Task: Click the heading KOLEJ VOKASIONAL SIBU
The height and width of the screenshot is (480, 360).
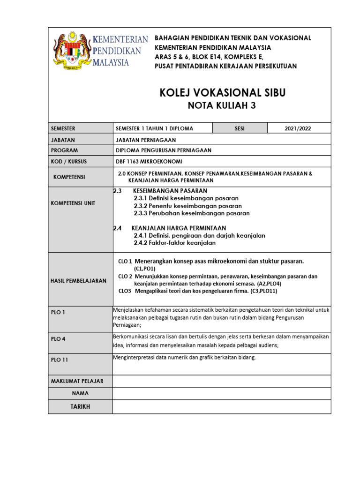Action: click(x=222, y=93)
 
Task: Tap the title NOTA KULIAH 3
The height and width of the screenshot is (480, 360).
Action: click(x=222, y=105)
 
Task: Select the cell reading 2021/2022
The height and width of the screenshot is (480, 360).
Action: click(x=298, y=128)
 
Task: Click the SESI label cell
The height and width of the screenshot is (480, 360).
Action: click(x=240, y=128)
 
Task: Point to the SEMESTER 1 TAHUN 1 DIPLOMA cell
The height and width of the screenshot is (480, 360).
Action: click(x=154, y=128)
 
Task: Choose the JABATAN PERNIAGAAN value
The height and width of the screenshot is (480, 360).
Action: click(x=146, y=140)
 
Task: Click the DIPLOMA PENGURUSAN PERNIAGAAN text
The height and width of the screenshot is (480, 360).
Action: click(x=164, y=150)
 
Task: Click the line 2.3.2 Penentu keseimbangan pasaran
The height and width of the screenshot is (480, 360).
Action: click(x=187, y=206)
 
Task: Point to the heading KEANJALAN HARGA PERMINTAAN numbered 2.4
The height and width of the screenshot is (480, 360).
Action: click(x=180, y=228)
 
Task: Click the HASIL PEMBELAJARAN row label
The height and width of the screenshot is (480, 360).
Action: click(x=78, y=280)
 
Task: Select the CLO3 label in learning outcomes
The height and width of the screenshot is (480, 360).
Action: click(x=125, y=291)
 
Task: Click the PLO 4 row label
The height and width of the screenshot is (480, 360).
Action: click(x=59, y=339)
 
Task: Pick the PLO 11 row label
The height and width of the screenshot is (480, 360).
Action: click(x=60, y=360)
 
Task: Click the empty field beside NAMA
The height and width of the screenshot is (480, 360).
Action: click(x=222, y=393)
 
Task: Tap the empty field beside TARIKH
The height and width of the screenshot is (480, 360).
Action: click(x=222, y=406)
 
